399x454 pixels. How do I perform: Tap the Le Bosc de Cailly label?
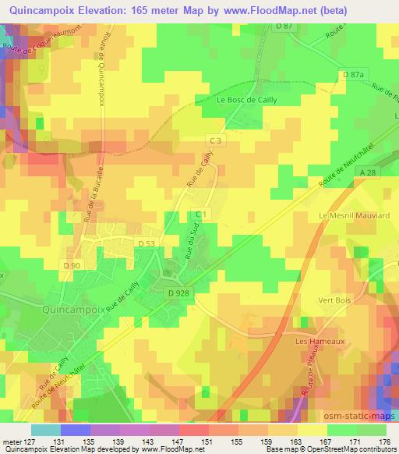point(248,99)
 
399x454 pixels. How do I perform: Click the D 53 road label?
point(146,244)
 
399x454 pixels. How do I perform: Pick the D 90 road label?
point(72,267)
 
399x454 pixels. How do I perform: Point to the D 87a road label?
point(353,73)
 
